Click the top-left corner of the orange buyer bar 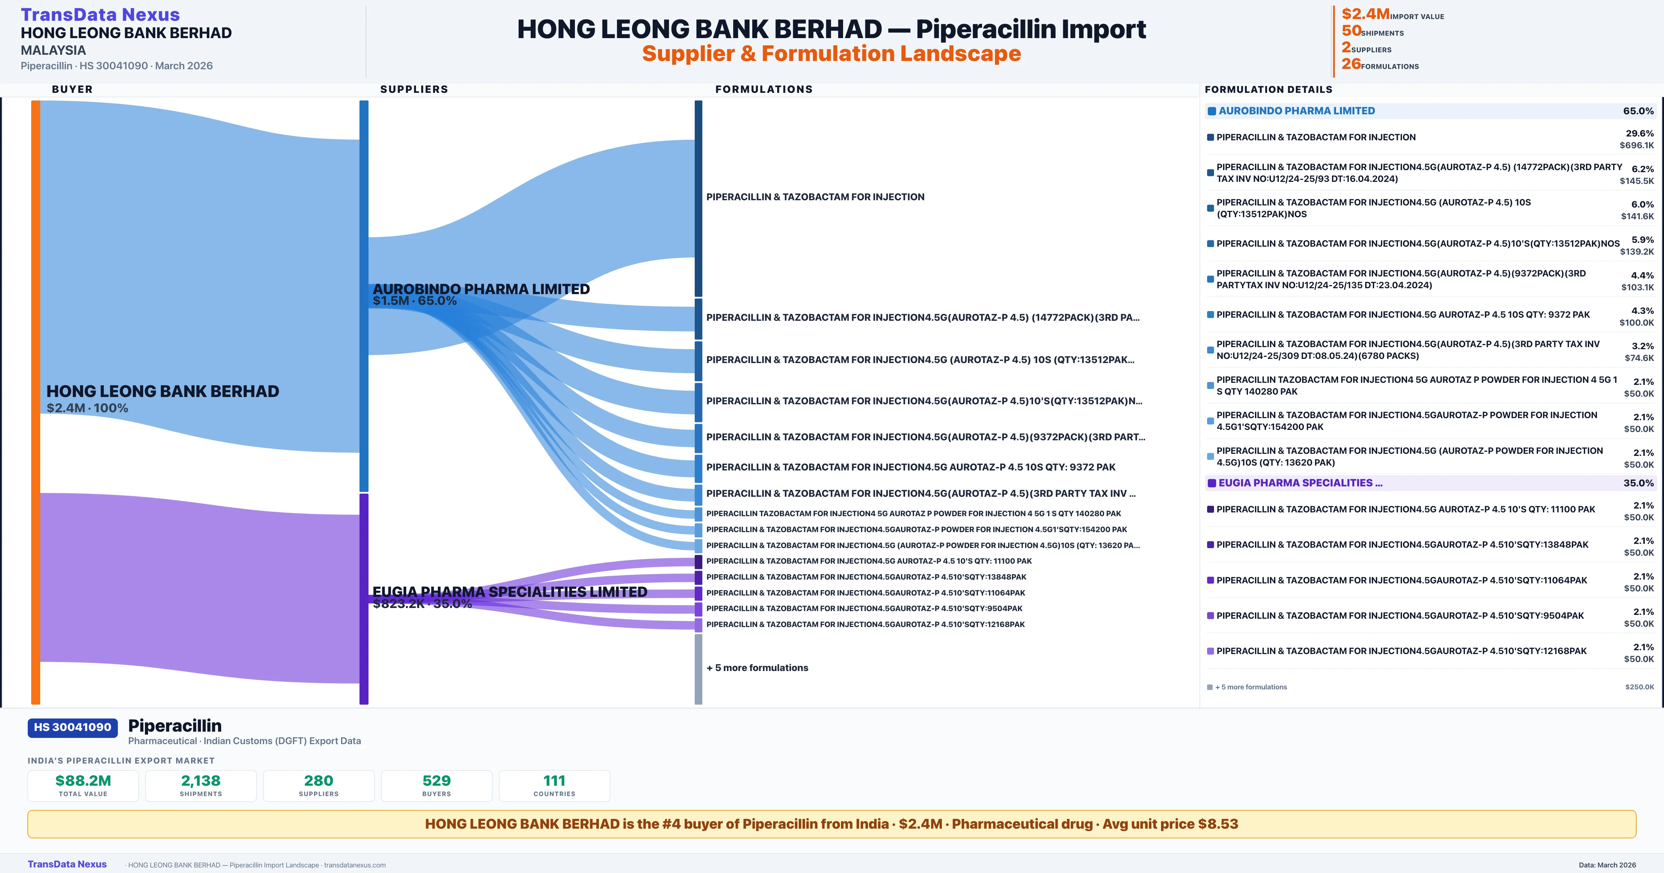coord(32,101)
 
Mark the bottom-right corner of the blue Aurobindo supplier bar coord(368,491)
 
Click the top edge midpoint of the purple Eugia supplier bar coord(364,494)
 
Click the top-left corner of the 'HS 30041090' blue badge coord(28,719)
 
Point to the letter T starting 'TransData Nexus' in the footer coord(31,864)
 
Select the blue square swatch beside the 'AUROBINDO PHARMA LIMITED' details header coord(1212,111)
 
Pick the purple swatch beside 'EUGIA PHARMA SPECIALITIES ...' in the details coord(1212,483)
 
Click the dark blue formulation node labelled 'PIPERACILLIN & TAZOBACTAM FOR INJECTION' coord(698,198)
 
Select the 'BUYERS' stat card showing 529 coord(437,786)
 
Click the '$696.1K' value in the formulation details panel coord(1637,145)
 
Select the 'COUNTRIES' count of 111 coord(554,781)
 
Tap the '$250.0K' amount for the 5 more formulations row coord(1639,687)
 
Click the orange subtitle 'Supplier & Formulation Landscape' coord(831,54)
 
